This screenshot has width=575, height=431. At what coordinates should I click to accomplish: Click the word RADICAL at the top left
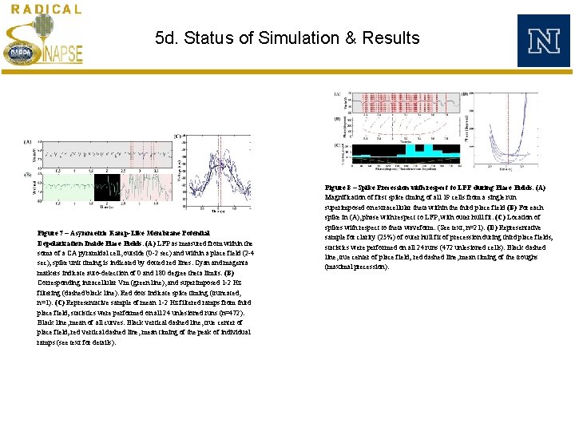pyautogui.click(x=46, y=10)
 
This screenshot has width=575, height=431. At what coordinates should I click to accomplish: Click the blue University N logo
pyautogui.click(x=543, y=40)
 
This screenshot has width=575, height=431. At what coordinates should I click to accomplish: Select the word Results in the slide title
pyautogui.click(x=391, y=38)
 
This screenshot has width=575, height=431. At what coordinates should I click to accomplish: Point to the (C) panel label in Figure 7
pyautogui.click(x=176, y=136)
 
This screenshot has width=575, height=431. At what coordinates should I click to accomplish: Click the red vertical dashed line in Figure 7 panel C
pyautogui.click(x=219, y=172)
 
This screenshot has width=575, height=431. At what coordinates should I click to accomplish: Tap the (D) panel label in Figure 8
pyautogui.click(x=465, y=93)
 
